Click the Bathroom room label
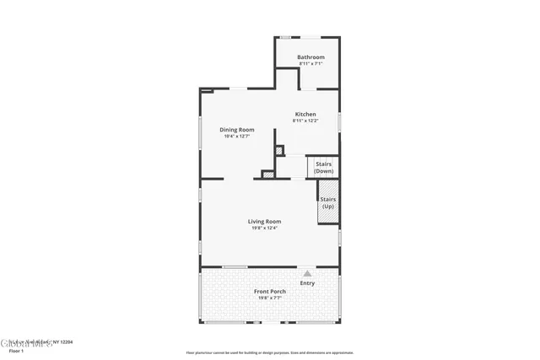click(310, 57)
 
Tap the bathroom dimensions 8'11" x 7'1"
click(310, 64)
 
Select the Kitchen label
click(305, 114)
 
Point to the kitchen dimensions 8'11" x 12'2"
click(305, 121)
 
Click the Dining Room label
click(237, 129)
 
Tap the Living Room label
click(264, 221)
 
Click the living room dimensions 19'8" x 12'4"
click(264, 228)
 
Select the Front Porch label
click(270, 291)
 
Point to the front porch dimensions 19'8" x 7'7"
click(270, 298)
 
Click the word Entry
click(307, 283)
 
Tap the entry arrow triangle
click(307, 274)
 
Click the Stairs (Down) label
click(324, 167)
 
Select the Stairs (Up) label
click(327, 203)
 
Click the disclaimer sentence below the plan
click(269, 353)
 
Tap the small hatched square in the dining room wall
click(280, 151)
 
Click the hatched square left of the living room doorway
click(267, 174)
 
